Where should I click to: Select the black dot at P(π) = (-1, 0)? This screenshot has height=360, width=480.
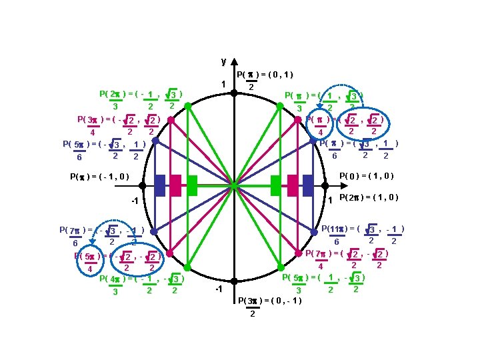coord(139,186)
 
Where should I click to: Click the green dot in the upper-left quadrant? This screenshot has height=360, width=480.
coord(188,105)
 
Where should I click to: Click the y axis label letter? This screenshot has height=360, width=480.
coord(223,61)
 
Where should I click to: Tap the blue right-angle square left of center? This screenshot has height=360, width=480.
coord(159,186)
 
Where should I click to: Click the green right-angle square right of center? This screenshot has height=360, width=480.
coord(276,186)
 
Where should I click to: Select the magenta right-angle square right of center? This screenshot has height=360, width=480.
coord(292,186)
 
